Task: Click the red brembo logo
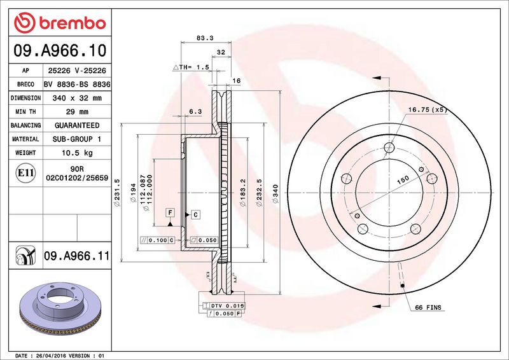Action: coord(60,23)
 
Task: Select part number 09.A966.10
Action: coord(60,50)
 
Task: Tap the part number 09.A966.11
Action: coord(76,256)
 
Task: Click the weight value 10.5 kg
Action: coord(77,153)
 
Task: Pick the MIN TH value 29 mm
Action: coord(77,112)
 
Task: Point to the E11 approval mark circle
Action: coord(25,173)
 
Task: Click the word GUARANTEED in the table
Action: coord(77,125)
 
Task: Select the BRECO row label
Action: coord(25,85)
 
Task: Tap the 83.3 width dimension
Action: coord(205,38)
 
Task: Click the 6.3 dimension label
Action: coord(195,111)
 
